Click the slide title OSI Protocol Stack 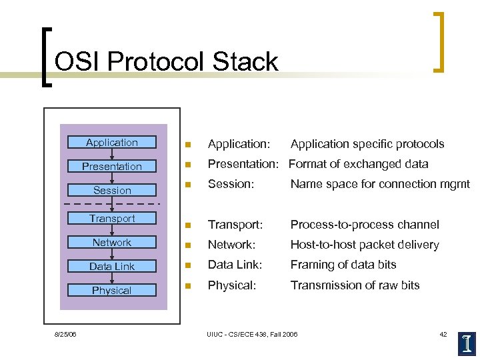166,62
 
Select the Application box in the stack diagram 112,142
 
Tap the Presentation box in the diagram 112,166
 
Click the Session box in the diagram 112,190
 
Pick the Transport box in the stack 112,218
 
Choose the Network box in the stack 112,242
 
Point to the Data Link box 112,266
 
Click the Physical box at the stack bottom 112,290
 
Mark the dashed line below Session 112,203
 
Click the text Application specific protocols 367,144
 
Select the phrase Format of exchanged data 358,164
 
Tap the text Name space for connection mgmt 379,184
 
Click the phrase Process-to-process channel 365,225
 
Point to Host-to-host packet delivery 364,245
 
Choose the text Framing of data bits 343,265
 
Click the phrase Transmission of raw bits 355,285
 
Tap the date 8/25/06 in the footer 65,334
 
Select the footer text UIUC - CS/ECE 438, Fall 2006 253,334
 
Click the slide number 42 443,334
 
